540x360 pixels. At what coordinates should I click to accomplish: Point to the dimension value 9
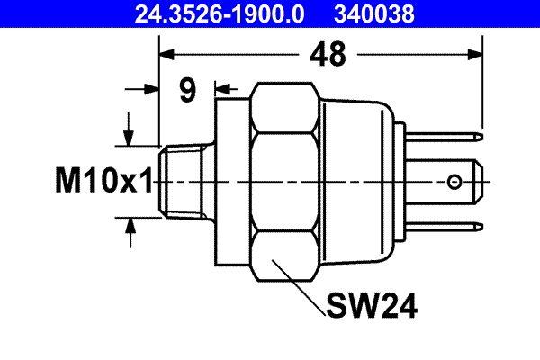point(186,91)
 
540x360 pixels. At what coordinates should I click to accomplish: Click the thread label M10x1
point(100,183)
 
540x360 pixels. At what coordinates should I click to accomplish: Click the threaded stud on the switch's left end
point(185,183)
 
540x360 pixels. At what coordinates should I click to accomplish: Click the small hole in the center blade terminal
point(457,184)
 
